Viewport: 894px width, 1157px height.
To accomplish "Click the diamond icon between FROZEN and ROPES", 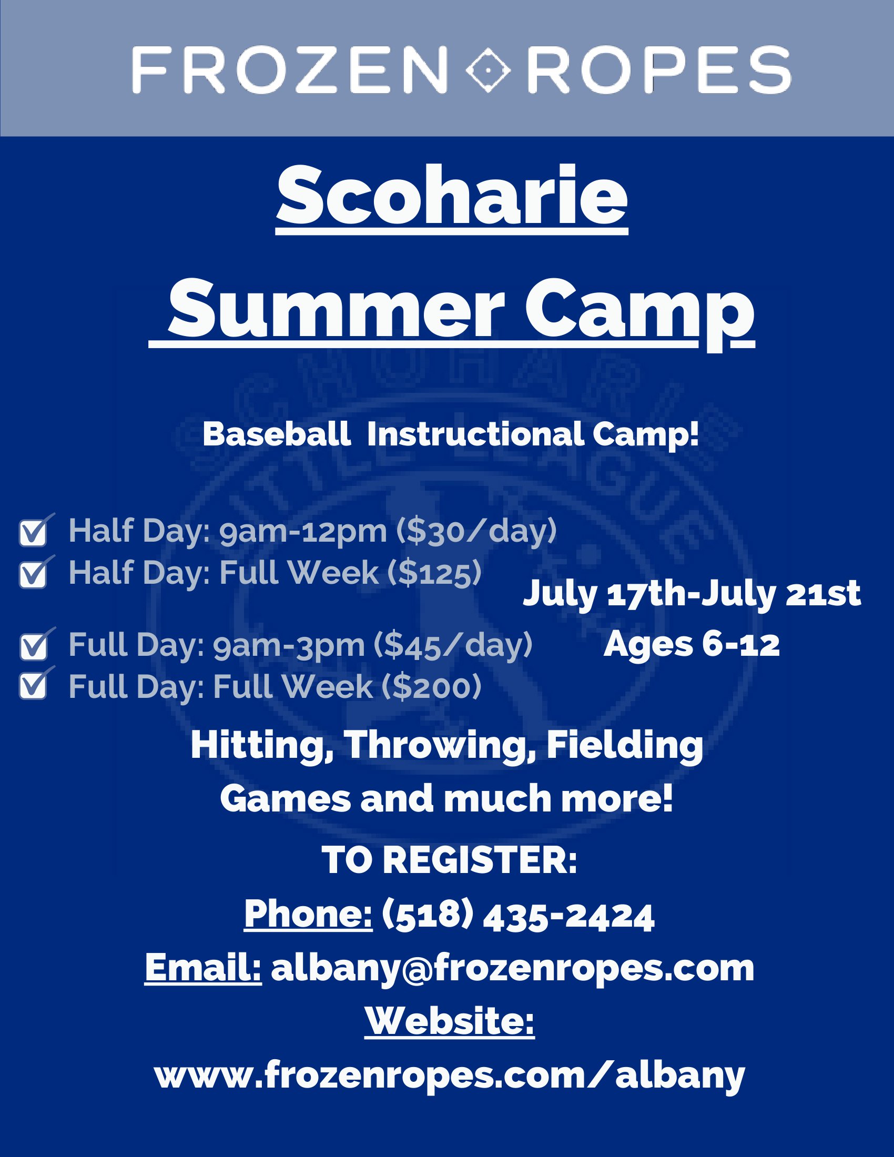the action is [487, 69].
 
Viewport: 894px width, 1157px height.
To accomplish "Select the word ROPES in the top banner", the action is [659, 69].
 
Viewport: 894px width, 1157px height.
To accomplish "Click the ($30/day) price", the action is [477, 531].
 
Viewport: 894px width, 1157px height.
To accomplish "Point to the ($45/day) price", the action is [453, 645].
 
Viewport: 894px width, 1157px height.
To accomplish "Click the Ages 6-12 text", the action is [692, 645].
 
